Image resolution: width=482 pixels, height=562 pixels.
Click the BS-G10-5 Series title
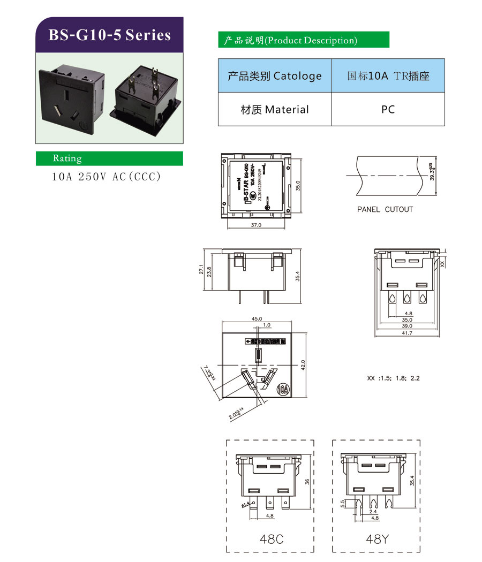coord(109,35)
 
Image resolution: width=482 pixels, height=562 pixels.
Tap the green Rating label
coord(67,158)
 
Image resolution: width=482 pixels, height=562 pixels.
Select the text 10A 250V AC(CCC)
coord(106,177)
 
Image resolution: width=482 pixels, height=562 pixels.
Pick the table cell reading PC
coord(388,109)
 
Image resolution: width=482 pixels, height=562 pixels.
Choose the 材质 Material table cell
coord(274,109)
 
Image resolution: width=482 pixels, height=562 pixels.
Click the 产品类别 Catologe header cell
coord(274,75)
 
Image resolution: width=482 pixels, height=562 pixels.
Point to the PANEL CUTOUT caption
coord(385,209)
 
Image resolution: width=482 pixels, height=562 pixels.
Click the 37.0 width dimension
coord(255,225)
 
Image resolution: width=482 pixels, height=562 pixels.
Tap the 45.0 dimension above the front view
coord(257,319)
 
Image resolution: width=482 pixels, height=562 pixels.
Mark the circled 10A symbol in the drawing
coord(283,389)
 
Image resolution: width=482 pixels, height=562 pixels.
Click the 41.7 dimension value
coord(407,333)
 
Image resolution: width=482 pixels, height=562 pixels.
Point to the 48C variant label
coord(271,539)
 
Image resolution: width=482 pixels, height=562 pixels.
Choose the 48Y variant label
coord(377,539)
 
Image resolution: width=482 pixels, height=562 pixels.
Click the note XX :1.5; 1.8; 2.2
coord(394,378)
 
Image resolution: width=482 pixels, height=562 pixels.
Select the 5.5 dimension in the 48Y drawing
coord(342,504)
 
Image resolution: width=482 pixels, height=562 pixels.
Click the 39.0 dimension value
coord(407,326)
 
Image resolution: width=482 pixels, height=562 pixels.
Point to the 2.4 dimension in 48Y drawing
coord(373,512)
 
